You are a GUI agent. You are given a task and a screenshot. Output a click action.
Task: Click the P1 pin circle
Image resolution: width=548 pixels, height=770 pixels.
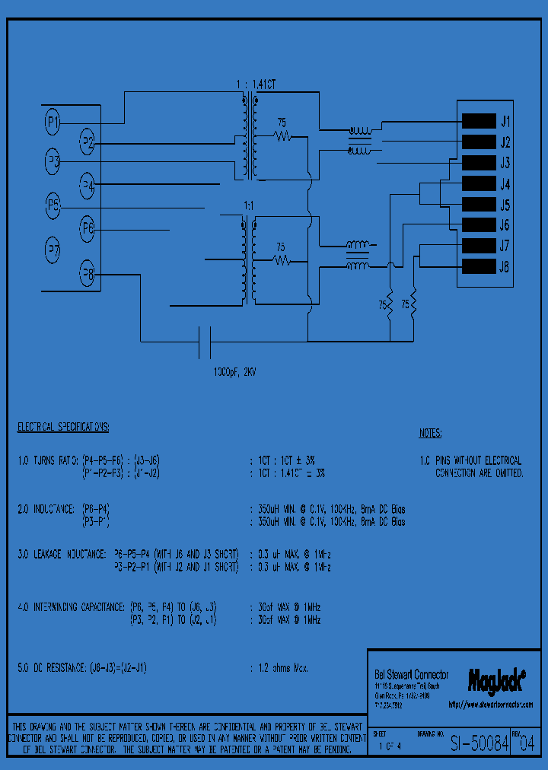pos(53,119)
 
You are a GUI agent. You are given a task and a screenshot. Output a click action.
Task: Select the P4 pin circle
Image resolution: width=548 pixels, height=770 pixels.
pos(88,185)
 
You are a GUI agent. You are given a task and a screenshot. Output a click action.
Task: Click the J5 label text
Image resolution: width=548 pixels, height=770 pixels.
pos(505,205)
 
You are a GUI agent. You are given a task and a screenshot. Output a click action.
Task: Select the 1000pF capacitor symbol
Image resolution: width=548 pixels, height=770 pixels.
pos(204,341)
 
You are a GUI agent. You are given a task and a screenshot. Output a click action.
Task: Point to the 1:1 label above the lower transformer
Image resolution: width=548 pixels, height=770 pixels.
pos(248,206)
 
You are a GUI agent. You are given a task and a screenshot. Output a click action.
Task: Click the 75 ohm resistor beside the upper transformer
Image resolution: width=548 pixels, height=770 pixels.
pos(283,136)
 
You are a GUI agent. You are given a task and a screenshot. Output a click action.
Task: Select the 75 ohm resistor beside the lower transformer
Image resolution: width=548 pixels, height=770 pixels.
pos(282,260)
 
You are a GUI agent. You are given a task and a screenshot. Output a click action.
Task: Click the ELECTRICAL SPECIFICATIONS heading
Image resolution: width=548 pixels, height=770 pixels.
pos(63,427)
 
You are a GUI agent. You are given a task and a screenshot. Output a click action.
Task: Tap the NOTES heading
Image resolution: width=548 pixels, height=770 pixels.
pos(430,434)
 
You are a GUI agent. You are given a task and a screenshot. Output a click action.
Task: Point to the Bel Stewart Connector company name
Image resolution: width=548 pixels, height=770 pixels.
pos(412,674)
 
